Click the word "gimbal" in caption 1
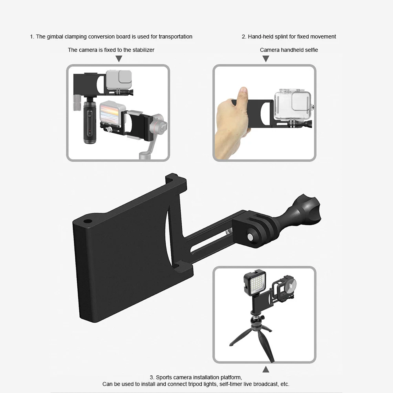pyautogui.click(x=54, y=37)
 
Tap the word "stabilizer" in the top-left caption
pyautogui.click(x=142, y=50)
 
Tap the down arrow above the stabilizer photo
pyautogui.click(x=119, y=59)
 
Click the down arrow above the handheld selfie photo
pyautogui.click(x=266, y=59)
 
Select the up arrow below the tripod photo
pyautogui.click(x=266, y=369)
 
